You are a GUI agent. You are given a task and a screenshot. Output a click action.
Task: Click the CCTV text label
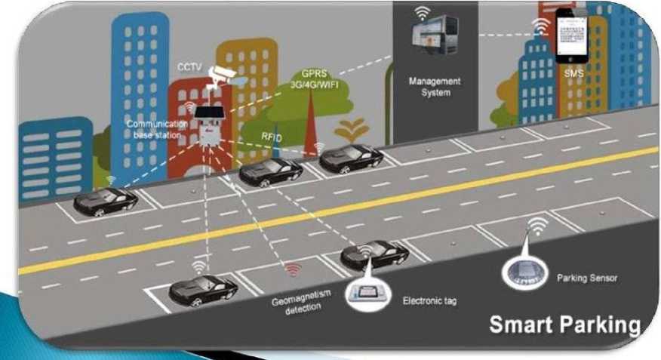(x=189, y=66)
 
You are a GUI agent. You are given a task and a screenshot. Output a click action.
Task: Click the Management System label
(x=435, y=87)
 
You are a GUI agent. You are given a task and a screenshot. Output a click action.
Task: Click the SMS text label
(x=574, y=75)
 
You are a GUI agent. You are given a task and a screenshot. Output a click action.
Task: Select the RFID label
(x=272, y=137)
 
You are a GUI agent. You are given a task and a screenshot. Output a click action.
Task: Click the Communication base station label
(x=154, y=128)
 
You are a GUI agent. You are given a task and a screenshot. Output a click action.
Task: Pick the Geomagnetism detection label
(x=297, y=305)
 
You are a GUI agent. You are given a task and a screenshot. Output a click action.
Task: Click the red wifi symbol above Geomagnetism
(x=293, y=269)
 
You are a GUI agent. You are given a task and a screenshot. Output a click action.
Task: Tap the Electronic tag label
(x=429, y=301)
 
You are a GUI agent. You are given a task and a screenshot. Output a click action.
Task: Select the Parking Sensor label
(x=587, y=278)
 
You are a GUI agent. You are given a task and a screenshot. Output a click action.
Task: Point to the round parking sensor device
(x=521, y=269)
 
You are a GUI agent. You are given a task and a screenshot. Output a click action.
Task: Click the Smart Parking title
(x=564, y=325)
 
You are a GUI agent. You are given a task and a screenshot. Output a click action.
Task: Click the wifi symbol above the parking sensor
(x=537, y=224)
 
